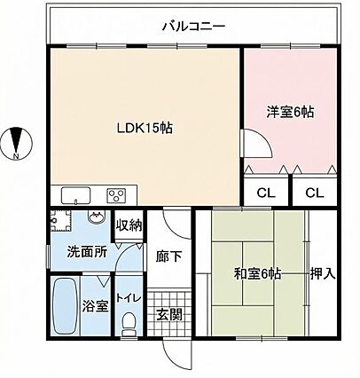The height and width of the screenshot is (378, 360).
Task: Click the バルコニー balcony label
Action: tap(194, 27)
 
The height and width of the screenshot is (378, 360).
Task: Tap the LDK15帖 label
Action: tap(145, 129)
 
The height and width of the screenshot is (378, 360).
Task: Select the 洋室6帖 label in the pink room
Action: tap(290, 112)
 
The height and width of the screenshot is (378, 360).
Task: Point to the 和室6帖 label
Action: tap(257, 274)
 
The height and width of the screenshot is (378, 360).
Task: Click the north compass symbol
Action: tap(16, 144)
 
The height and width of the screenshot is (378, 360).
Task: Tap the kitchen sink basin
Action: tap(75, 195)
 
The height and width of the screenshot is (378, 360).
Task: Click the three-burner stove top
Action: tap(116, 195)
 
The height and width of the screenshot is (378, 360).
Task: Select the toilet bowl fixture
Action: tap(129, 324)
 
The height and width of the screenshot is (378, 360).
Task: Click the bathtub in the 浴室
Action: tap(65, 305)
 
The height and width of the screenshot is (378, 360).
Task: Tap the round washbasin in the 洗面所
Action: tap(96, 217)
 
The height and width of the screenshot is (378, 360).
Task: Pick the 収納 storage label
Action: tap(129, 225)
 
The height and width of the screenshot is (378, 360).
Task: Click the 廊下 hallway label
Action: tap(168, 256)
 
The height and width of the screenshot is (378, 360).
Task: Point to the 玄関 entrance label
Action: tap(168, 315)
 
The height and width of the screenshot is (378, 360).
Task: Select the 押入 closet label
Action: tap(323, 274)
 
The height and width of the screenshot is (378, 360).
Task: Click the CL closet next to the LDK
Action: tap(266, 193)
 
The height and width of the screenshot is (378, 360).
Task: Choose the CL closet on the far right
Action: tap(315, 193)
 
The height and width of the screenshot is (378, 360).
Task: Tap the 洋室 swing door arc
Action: tap(264, 138)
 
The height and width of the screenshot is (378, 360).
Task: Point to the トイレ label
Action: tap(129, 298)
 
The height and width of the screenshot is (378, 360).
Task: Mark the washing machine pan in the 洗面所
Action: tap(61, 221)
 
